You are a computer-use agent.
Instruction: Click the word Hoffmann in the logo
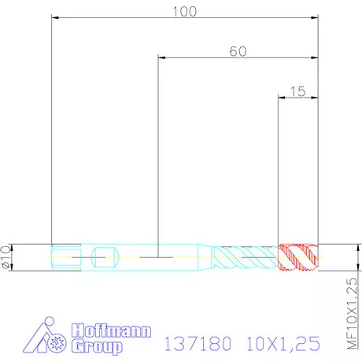click(x=110, y=331)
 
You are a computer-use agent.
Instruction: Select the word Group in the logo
click(x=97, y=346)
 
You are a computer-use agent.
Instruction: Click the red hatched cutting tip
click(x=299, y=257)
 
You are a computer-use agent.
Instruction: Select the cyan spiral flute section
click(x=246, y=257)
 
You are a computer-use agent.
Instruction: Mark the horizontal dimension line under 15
click(x=299, y=97)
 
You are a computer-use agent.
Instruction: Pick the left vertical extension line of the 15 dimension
click(x=279, y=173)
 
